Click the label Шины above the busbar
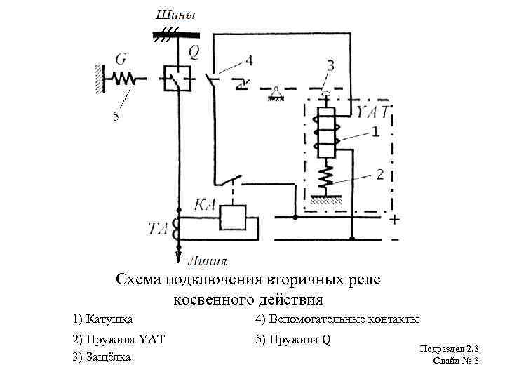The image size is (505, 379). pos(175,14)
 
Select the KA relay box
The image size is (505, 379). pos(231,217)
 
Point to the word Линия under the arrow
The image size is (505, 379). pos(207,261)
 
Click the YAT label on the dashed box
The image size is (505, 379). pos(372,112)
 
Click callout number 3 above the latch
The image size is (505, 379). pos(330,65)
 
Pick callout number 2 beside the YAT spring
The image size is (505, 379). pos(378,173)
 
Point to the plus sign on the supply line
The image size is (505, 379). pos(395,220)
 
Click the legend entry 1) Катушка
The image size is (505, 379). pos(102,319)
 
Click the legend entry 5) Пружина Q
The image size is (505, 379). pos(292,340)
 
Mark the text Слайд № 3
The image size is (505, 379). pos(456,361)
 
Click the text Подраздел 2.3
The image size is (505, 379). pos(449,349)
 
